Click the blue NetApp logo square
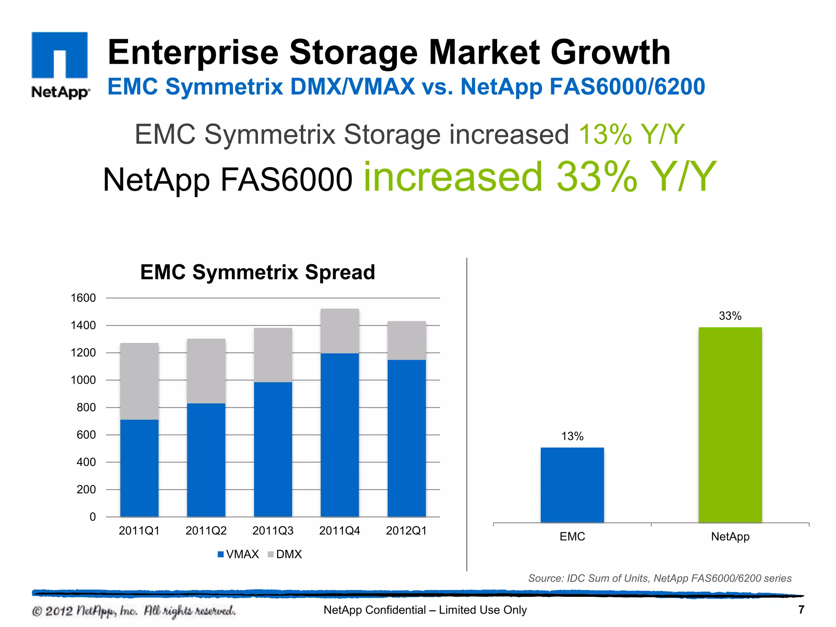pyautogui.click(x=60, y=55)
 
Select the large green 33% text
pyautogui.click(x=597, y=177)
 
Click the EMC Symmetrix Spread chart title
pyautogui.click(x=258, y=272)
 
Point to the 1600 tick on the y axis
pyautogui.click(x=83, y=298)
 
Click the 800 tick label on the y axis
pyautogui.click(x=86, y=407)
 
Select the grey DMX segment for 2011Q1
pyautogui.click(x=139, y=381)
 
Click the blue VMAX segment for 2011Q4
pyautogui.click(x=340, y=435)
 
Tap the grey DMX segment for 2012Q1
pyautogui.click(x=407, y=340)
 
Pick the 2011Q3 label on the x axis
pyautogui.click(x=273, y=531)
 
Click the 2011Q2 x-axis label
pyautogui.click(x=206, y=531)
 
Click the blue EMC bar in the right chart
pyautogui.click(x=572, y=485)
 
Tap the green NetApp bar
pyautogui.click(x=730, y=425)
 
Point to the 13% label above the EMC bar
pyautogui.click(x=572, y=436)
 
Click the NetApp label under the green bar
pyautogui.click(x=730, y=536)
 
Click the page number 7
pyautogui.click(x=801, y=609)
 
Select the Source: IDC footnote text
pyautogui.click(x=660, y=578)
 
